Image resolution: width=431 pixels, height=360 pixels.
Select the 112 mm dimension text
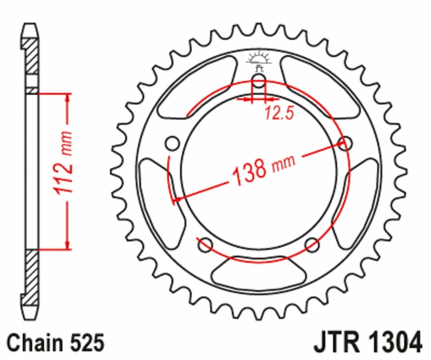coord(64,163)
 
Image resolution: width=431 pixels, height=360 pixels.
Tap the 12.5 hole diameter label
coord(279,113)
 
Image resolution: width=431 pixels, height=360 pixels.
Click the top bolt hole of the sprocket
coord(259,80)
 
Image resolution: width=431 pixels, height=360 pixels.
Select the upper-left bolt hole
coord(172,143)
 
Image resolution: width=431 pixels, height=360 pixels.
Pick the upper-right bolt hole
coord(345,143)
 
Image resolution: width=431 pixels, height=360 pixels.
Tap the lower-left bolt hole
coord(205,245)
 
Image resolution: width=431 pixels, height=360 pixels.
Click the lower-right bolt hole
coord(312,245)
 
